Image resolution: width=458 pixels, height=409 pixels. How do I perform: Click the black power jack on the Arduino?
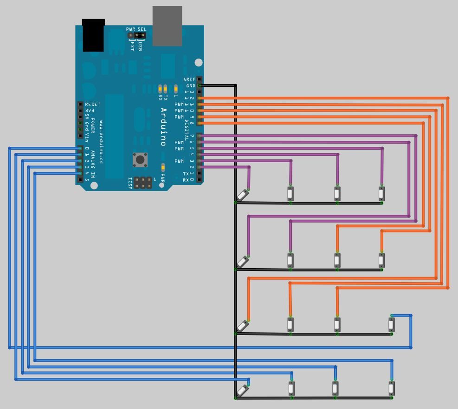(x=93, y=35)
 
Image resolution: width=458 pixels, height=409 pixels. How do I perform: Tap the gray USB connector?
(x=167, y=26)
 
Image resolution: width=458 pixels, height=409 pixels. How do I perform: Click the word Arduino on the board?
(x=163, y=127)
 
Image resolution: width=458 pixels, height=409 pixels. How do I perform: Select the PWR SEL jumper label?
(x=136, y=29)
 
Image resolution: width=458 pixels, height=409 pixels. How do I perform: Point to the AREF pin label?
(x=189, y=79)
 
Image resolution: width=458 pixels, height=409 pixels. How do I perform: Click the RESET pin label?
(x=93, y=105)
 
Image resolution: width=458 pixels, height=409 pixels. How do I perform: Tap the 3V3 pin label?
(x=90, y=111)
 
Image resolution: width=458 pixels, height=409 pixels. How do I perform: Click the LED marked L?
(x=176, y=88)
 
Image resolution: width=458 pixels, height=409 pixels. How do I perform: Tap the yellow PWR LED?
(x=163, y=167)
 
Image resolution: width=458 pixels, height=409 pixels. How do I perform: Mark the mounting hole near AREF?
(x=199, y=62)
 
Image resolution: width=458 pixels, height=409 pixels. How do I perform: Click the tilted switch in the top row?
(x=242, y=195)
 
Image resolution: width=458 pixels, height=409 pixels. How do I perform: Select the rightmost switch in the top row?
(x=381, y=193)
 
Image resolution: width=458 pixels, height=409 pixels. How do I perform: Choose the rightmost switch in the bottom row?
(x=392, y=388)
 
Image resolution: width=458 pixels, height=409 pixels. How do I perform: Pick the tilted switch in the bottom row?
(x=242, y=389)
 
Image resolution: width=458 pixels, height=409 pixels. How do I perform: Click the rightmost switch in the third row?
(x=392, y=324)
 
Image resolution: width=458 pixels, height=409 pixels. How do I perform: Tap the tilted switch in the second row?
(x=242, y=262)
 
